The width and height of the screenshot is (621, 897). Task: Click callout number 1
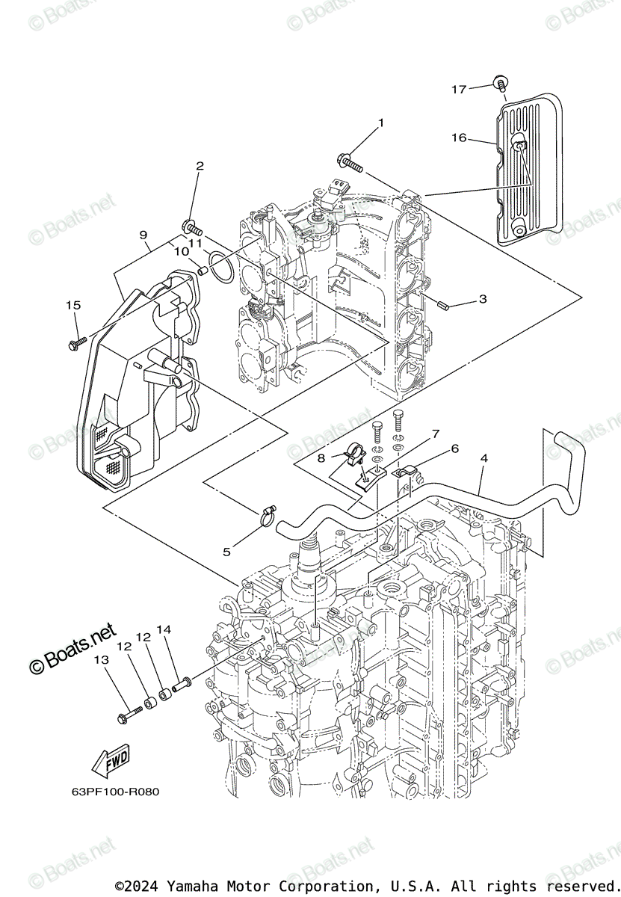380,123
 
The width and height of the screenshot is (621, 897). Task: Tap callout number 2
200,165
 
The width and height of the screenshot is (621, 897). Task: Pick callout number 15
72,305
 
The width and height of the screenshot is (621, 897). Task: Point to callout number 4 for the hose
484,457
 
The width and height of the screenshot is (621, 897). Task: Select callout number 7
435,434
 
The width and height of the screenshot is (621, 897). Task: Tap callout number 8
321,457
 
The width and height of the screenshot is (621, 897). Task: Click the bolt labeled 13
129,715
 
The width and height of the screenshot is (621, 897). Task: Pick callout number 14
164,630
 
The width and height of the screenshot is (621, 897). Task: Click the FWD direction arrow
109,763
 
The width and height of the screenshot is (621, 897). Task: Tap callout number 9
143,235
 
